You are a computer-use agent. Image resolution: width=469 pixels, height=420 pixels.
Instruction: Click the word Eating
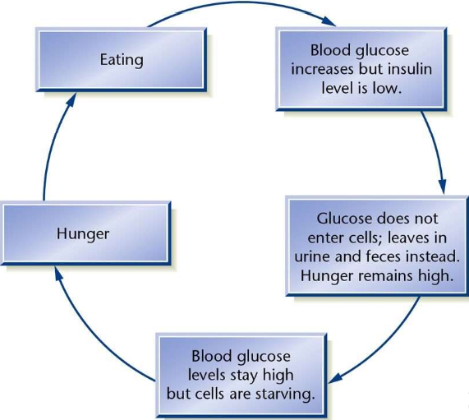click(122, 60)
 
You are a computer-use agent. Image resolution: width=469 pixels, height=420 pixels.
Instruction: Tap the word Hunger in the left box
click(83, 233)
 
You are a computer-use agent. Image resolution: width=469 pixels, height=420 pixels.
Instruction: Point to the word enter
click(325, 238)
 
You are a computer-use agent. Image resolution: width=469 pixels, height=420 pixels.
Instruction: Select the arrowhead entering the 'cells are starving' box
click(335, 378)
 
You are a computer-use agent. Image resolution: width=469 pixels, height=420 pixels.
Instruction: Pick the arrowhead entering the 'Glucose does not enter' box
click(443, 187)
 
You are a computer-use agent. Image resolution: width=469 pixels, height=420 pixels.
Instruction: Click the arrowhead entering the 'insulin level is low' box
click(329, 21)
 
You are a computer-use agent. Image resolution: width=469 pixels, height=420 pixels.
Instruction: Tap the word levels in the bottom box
click(206, 376)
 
